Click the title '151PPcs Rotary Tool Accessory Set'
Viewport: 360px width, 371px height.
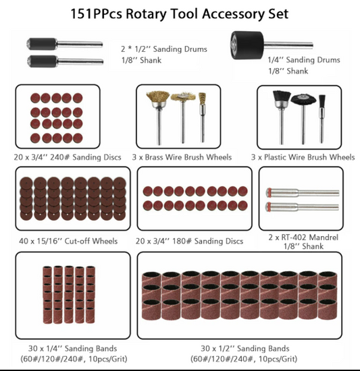point(180,13)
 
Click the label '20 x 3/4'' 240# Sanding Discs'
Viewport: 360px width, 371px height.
point(68,157)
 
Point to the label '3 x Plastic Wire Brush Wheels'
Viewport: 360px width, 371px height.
point(303,157)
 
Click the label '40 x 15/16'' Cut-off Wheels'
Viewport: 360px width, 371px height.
point(68,241)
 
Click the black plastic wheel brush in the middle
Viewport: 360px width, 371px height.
point(301,98)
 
